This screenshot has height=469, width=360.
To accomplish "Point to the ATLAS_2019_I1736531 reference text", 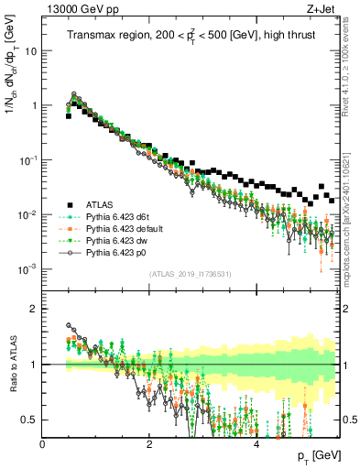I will point(190,274).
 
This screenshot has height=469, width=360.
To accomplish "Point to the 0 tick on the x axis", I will point(43,442).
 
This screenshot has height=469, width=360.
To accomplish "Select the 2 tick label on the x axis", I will point(149,442).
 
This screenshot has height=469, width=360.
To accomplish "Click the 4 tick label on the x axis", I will point(256,442).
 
